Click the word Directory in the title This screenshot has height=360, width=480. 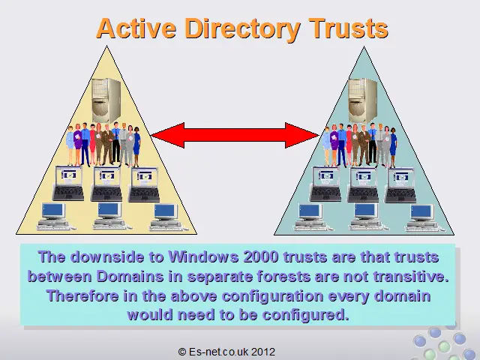(242, 29)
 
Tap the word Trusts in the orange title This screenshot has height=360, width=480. (349, 28)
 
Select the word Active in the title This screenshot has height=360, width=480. (136, 28)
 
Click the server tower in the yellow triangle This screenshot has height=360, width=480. (106, 100)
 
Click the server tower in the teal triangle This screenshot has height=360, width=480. (363, 100)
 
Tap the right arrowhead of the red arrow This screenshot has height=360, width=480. (301, 135)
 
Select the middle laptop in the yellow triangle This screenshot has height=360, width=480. (106, 184)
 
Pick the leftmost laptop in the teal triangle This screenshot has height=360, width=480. (325, 184)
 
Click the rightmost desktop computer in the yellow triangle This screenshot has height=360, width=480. (166, 217)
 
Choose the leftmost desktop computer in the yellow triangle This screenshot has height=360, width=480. (54, 216)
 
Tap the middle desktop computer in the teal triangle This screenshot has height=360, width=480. (366, 217)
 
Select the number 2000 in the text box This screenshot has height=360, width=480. (261, 256)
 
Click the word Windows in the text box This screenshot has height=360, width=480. (204, 256)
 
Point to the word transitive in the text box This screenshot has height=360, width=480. (411, 277)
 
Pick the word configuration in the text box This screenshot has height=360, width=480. (273, 296)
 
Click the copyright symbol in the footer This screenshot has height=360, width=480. (182, 352)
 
